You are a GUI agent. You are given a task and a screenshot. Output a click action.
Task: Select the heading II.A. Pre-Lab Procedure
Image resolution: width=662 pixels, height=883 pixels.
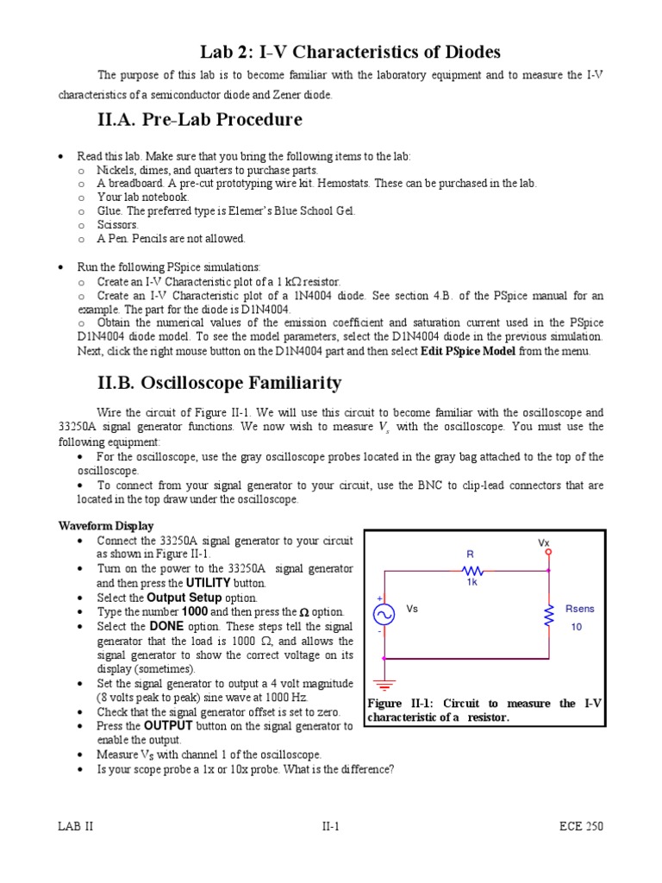click(200, 119)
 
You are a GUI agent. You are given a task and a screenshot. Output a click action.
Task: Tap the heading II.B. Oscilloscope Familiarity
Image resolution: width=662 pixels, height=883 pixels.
click(220, 382)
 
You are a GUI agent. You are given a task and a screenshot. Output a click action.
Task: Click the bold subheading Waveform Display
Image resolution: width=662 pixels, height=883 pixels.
click(106, 526)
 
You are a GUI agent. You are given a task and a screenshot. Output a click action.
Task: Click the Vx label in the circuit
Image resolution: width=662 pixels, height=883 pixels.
click(544, 543)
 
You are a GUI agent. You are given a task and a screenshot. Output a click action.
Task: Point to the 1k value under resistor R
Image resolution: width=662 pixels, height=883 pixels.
click(472, 583)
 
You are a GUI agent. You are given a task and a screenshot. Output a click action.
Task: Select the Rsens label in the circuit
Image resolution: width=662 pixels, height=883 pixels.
click(579, 609)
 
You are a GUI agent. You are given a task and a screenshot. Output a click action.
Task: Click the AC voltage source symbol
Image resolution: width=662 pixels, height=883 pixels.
click(383, 614)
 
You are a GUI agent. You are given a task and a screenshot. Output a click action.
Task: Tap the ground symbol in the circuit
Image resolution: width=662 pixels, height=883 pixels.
click(383, 681)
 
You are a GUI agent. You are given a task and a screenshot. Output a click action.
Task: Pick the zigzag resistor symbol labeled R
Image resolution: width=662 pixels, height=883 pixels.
click(472, 570)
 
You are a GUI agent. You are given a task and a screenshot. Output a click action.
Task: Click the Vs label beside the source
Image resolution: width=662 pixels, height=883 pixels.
click(412, 609)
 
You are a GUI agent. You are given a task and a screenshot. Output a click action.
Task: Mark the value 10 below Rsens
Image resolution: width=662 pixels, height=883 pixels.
click(577, 627)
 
